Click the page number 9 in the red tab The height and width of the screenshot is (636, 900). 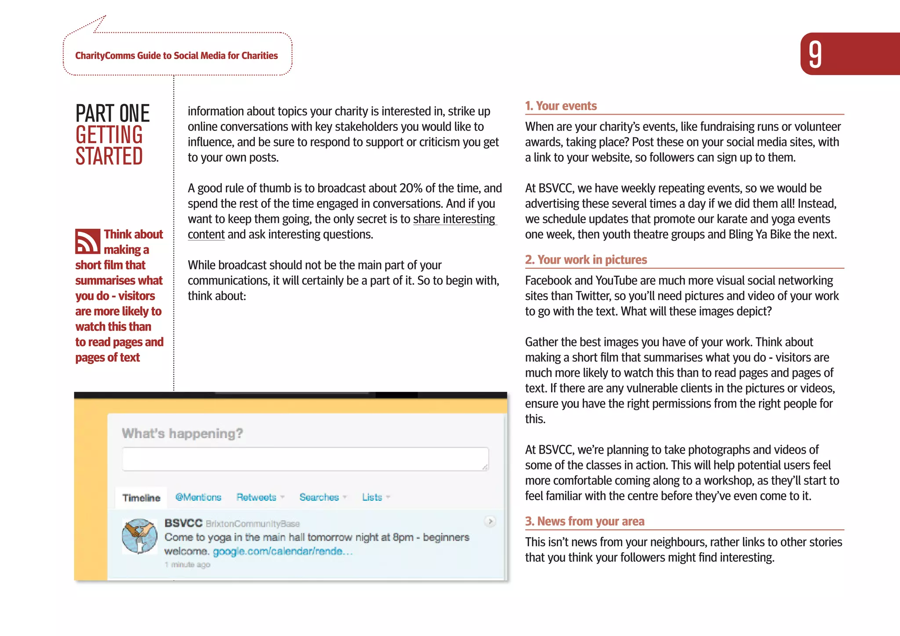pos(815,54)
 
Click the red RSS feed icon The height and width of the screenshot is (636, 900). pos(87,241)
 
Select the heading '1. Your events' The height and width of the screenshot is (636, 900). pos(561,106)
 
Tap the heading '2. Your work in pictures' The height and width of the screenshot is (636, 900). pos(586,260)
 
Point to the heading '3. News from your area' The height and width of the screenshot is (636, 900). pos(584,521)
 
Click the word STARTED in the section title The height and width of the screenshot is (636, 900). pos(109,156)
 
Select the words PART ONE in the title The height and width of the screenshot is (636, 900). pos(112,113)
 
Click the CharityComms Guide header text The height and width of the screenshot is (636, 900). pos(176,56)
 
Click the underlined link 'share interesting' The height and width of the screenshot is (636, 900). pos(454,219)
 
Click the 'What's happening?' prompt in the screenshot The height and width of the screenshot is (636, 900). pos(182,434)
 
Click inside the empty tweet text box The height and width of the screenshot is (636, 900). pos(305,459)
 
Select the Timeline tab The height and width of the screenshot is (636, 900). pos(141,498)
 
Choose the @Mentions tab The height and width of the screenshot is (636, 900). pos(198,497)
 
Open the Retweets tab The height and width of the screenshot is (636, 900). pos(257,497)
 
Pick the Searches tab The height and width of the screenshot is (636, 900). pos(319,497)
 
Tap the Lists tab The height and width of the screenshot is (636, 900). pos(372,497)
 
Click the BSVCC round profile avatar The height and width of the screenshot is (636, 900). pos(140,536)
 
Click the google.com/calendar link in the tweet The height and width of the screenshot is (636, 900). pos(282,551)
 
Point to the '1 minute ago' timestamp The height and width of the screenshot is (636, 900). pos(188,564)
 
